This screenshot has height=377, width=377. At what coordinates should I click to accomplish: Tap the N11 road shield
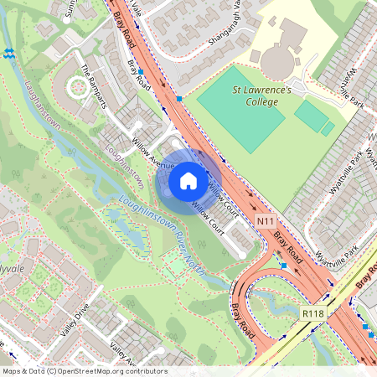point(266,221)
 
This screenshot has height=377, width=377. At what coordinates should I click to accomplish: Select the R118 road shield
point(313,313)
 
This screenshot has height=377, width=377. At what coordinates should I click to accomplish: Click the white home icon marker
point(188,179)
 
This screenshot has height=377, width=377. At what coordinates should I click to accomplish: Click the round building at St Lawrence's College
point(276,60)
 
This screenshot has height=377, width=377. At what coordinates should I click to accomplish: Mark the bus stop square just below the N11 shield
point(284,265)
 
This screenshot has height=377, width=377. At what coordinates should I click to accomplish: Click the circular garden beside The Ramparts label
point(80,85)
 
